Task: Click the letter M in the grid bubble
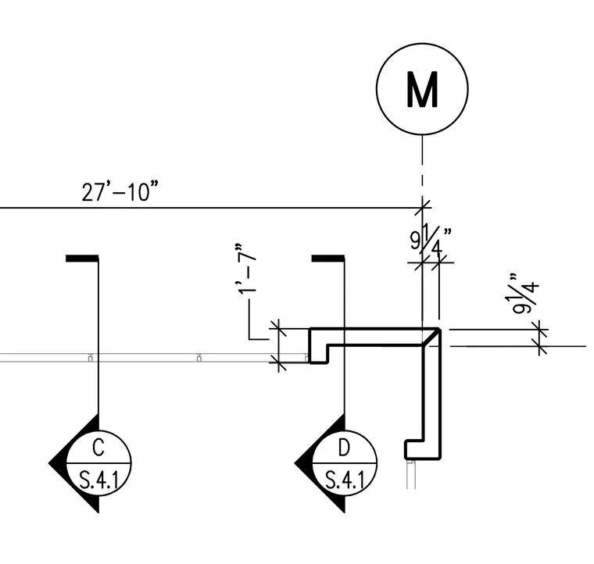tap(422, 89)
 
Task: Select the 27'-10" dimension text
tap(120, 191)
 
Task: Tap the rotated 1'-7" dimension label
tap(247, 269)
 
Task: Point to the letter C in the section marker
tap(98, 448)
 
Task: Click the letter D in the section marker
tap(344, 448)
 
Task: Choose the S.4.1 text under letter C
tap(98, 480)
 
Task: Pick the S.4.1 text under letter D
tap(345, 480)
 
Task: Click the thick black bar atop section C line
tap(82, 258)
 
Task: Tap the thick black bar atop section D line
tap(328, 258)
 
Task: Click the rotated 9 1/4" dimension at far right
tap(525, 294)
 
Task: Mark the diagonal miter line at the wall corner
tap(431, 337)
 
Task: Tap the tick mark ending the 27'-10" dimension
tap(422, 208)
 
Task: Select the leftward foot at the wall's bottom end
tap(413, 449)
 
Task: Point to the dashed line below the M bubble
tap(422, 166)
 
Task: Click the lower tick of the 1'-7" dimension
tap(278, 362)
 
